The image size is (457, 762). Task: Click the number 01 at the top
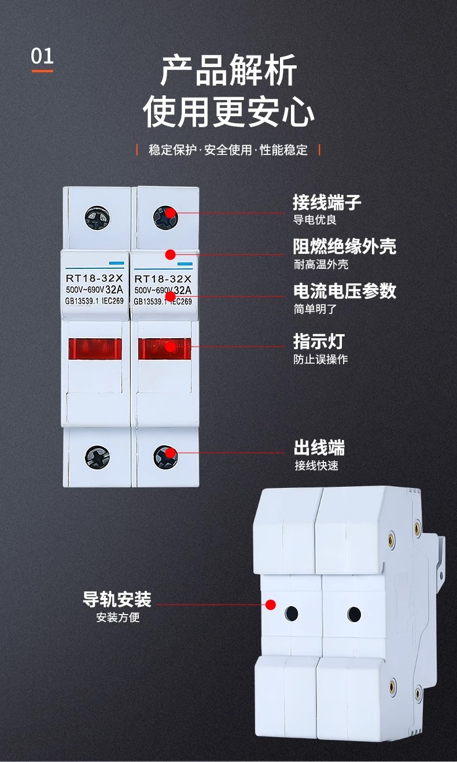(x=42, y=57)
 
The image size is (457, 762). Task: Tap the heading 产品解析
(x=228, y=71)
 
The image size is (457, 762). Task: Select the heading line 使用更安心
(x=228, y=112)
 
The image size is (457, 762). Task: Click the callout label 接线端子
(x=327, y=203)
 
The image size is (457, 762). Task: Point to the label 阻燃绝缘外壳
(x=344, y=247)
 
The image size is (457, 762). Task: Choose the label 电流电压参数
(x=344, y=291)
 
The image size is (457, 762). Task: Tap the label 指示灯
(x=319, y=341)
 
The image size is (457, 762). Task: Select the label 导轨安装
(x=117, y=599)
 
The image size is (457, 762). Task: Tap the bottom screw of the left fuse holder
(x=97, y=456)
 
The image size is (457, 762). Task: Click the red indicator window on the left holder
(x=95, y=349)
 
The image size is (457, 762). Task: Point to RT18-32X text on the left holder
(x=94, y=278)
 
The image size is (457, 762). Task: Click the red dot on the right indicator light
(x=170, y=347)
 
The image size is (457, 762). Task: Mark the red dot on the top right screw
(x=170, y=213)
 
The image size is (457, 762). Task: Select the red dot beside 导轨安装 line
(x=270, y=605)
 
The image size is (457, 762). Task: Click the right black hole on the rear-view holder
(x=354, y=614)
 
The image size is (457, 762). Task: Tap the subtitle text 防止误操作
(x=320, y=359)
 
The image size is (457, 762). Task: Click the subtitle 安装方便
(x=118, y=617)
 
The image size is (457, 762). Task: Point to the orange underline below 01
(x=42, y=71)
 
